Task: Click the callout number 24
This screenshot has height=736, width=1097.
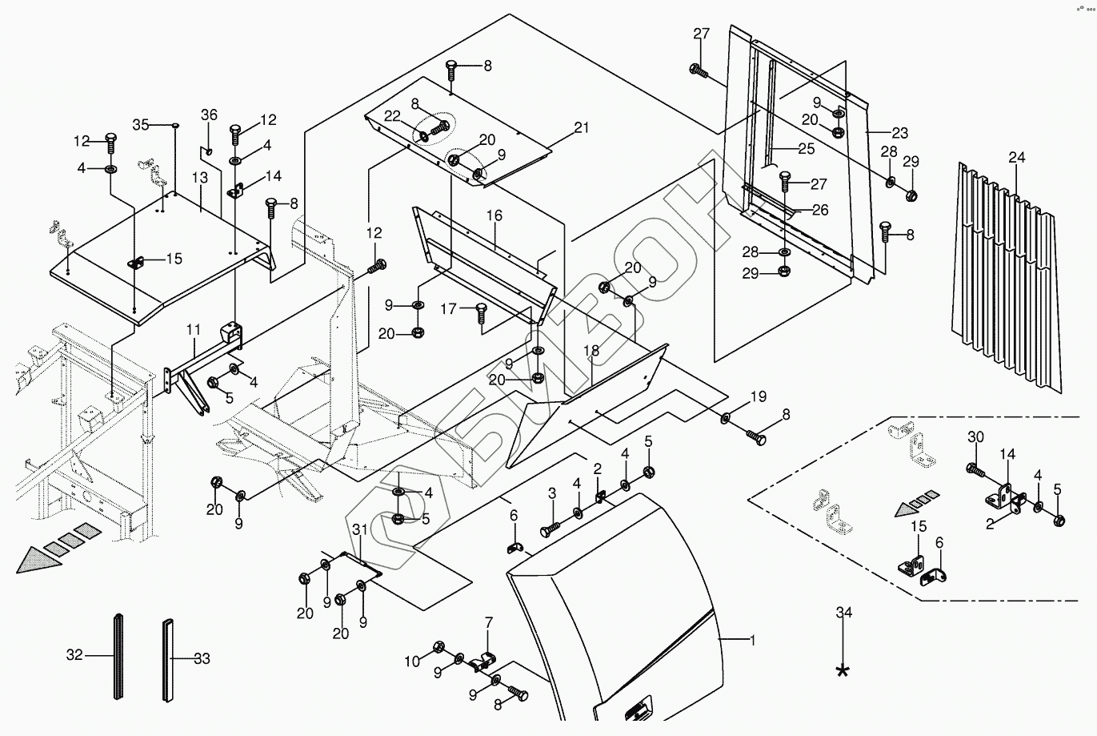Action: [1016, 158]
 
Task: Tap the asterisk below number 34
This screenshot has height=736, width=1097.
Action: [843, 671]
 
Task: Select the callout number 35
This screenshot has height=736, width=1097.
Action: [141, 124]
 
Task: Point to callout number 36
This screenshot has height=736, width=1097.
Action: [209, 115]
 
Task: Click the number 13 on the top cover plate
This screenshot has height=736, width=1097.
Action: [200, 176]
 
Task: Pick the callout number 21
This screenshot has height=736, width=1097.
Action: [581, 127]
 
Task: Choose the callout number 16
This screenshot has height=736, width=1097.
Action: [494, 215]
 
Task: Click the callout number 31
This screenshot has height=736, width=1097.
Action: [359, 529]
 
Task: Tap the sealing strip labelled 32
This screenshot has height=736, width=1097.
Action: [118, 657]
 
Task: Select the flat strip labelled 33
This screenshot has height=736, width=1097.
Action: [169, 658]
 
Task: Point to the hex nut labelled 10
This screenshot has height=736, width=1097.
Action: [438, 646]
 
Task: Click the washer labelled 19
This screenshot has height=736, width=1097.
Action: [725, 417]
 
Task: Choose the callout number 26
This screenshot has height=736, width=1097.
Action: [819, 211]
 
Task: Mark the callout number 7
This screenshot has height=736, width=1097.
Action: [489, 622]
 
